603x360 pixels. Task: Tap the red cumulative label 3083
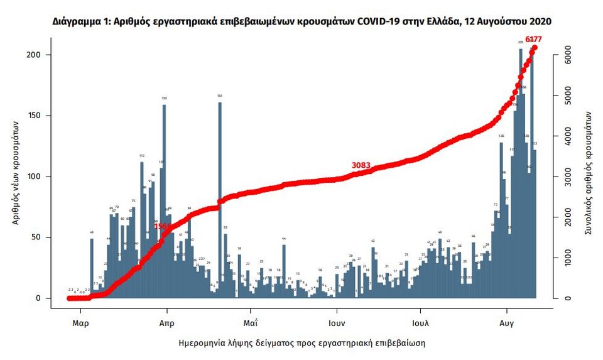coord(361,166)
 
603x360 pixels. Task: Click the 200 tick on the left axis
coord(37,55)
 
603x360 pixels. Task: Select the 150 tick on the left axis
coord(37,116)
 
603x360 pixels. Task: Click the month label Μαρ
coord(80,324)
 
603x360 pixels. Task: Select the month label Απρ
coord(166,324)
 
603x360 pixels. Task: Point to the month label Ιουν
coord(336,324)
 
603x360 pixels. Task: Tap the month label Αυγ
coord(507,324)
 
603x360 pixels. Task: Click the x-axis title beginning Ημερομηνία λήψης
coord(301,344)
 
